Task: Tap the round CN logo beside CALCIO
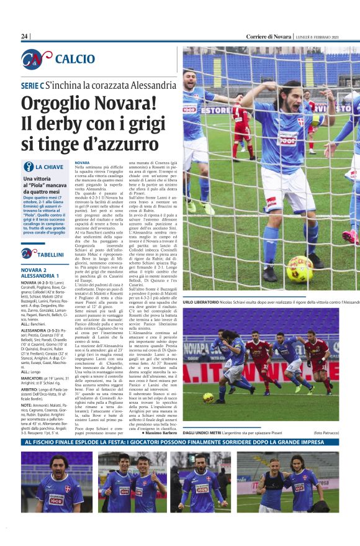36,59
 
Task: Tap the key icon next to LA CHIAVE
28,166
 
